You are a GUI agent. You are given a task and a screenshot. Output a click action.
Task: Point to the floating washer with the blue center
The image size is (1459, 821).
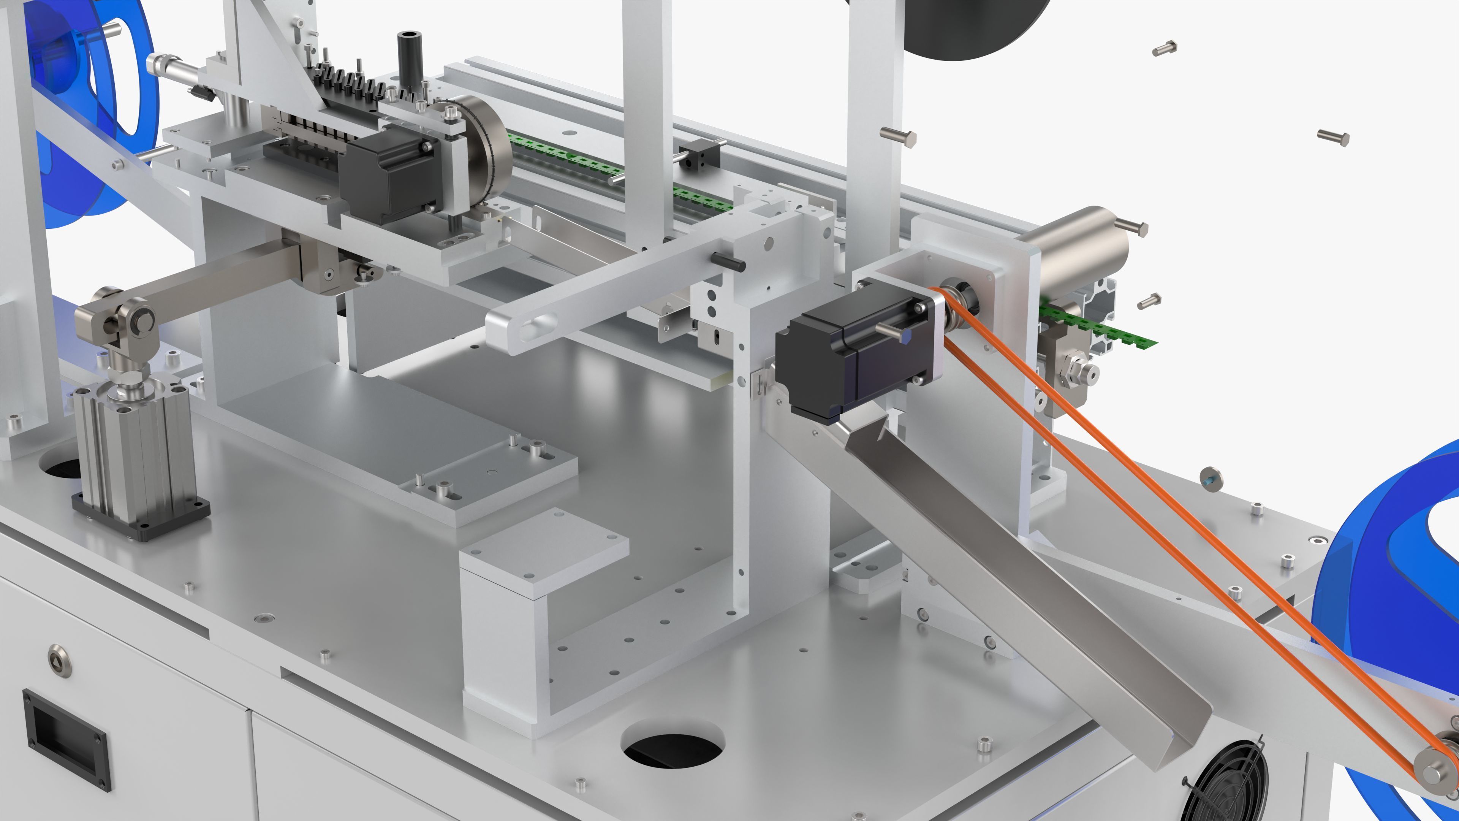1211,479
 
